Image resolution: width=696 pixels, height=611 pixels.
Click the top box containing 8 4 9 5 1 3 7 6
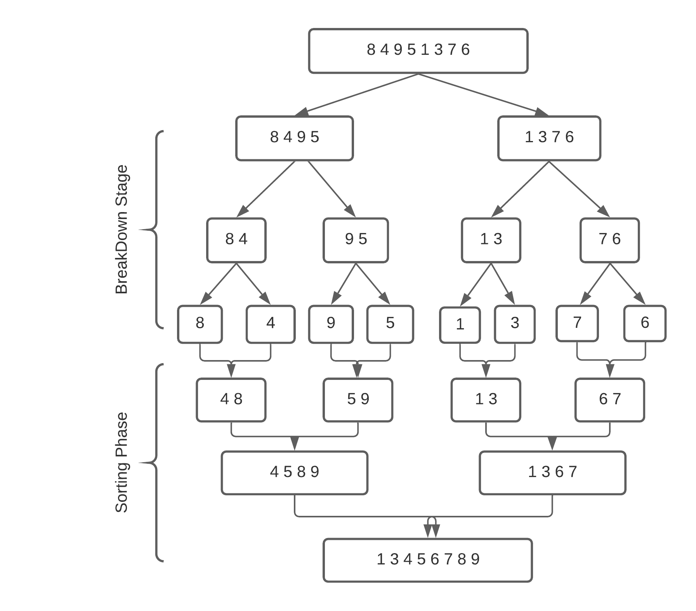(x=418, y=50)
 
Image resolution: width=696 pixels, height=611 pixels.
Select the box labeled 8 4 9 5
(x=294, y=138)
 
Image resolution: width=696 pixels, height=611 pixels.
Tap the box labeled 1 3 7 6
(x=549, y=138)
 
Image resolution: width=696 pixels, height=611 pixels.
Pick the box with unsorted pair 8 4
(x=236, y=240)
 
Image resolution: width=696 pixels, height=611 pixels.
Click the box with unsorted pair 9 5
(x=356, y=240)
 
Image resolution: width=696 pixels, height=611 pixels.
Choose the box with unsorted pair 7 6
(x=609, y=240)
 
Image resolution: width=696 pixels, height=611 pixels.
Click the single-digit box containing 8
(x=200, y=324)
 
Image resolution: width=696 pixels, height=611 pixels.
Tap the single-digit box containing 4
(x=271, y=324)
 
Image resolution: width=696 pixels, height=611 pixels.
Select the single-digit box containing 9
(x=331, y=324)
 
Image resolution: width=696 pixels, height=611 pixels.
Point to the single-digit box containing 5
(x=390, y=324)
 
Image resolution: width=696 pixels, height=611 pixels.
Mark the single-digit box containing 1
(x=460, y=325)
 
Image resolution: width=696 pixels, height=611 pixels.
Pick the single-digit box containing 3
(x=515, y=324)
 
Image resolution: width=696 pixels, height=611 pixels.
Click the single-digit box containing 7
(x=577, y=323)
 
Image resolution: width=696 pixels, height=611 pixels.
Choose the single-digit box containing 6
(x=645, y=323)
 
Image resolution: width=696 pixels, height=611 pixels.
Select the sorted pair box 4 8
(x=231, y=400)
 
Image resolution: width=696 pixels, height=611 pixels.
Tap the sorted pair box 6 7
(x=609, y=400)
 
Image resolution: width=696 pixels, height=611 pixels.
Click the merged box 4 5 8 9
(x=294, y=472)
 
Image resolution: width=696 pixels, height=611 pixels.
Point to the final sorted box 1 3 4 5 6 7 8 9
(x=427, y=560)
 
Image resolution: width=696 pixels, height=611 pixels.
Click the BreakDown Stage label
(x=121, y=229)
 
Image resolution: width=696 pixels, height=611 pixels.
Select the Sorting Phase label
(x=121, y=462)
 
